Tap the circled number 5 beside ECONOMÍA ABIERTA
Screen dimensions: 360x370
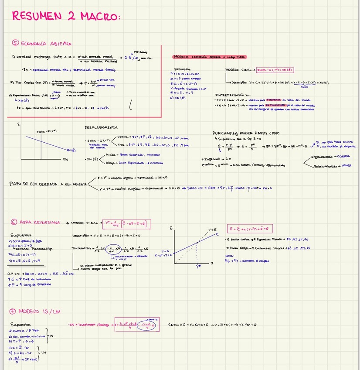click(x=16, y=43)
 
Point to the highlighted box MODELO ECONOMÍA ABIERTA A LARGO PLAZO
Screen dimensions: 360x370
click(x=209, y=57)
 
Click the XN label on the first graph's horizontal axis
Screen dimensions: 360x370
click(x=65, y=159)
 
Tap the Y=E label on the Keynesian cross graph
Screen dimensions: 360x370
click(x=213, y=230)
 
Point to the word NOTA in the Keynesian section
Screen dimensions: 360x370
click(x=230, y=256)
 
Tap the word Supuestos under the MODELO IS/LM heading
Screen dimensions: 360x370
click(x=20, y=325)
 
